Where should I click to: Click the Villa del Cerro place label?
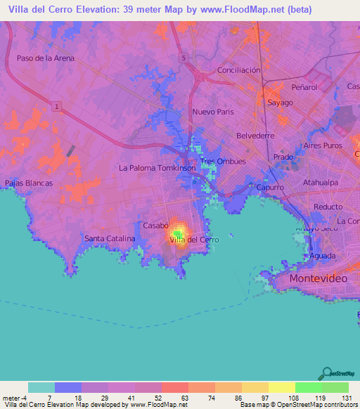(194, 240)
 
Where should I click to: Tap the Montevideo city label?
(319, 278)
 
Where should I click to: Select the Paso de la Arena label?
(45, 58)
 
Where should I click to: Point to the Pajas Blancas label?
(29, 183)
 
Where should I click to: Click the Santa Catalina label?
(110, 239)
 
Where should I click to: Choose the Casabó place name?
(156, 226)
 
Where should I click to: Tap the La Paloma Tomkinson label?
(157, 168)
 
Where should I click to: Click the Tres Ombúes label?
(223, 161)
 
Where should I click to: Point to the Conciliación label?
(238, 70)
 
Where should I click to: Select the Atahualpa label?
(321, 183)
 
